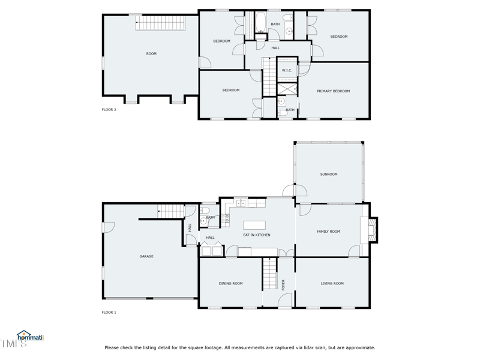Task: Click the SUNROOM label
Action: [x=329, y=174]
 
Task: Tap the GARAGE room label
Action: [x=146, y=256]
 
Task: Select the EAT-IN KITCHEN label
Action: [x=257, y=235]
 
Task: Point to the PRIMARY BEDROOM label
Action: [x=333, y=91]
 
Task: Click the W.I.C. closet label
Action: [x=287, y=70]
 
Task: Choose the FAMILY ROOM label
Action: [x=328, y=232]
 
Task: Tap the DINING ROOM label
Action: [x=230, y=283]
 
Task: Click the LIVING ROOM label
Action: [x=332, y=283]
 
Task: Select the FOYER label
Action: [x=283, y=284]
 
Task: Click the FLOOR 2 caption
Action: [x=109, y=110]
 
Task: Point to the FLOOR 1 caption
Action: [x=109, y=313]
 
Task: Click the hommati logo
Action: [x=31, y=336]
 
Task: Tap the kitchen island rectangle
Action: [x=254, y=225]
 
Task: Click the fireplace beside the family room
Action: [x=373, y=230]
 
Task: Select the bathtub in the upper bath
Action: [x=261, y=22]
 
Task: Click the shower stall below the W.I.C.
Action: [x=287, y=89]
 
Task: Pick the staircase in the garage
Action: [x=171, y=211]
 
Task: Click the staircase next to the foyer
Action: [x=269, y=274]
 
